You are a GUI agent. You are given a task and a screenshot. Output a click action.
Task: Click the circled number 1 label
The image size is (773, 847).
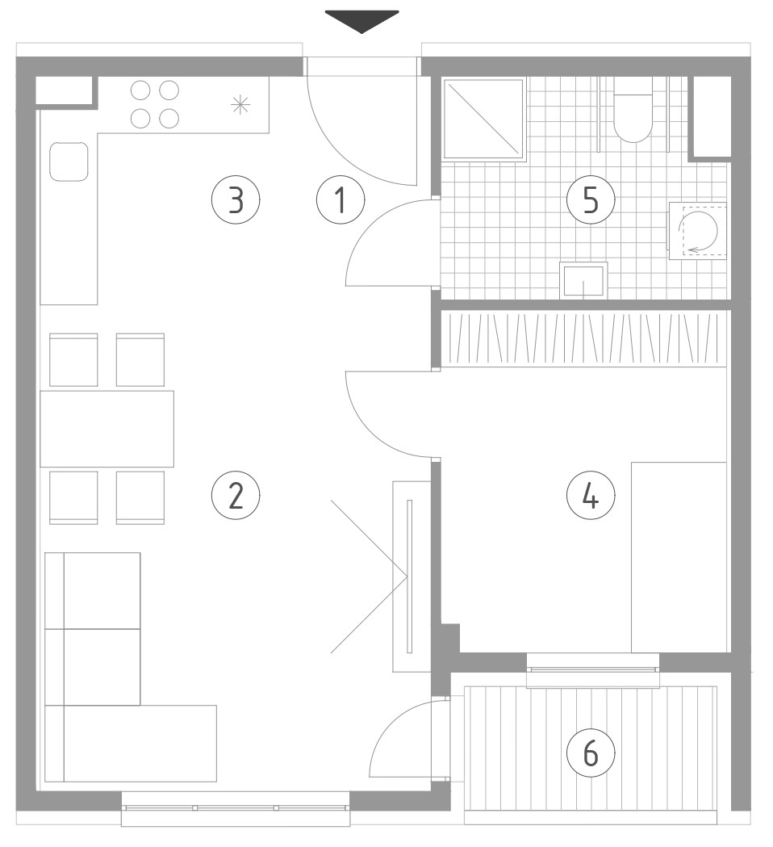340,199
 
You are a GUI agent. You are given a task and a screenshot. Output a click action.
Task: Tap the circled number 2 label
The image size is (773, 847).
236,495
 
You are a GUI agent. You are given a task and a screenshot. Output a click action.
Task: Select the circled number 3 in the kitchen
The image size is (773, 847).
236,199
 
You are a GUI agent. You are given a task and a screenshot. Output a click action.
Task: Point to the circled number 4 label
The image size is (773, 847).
591,495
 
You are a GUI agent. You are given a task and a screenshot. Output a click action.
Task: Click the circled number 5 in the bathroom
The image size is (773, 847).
591,199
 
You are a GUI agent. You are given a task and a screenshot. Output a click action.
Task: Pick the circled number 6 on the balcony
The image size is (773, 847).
591,752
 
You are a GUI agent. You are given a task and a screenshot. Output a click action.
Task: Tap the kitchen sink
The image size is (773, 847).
69,161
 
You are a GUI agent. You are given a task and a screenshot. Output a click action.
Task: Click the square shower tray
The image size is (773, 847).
484,120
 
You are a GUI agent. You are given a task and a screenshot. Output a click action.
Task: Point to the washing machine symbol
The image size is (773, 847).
698,231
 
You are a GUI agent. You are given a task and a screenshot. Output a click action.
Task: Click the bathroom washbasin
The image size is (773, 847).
583,280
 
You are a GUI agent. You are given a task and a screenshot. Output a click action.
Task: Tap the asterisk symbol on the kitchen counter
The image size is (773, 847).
240,104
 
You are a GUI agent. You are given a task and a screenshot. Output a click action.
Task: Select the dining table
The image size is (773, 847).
107,429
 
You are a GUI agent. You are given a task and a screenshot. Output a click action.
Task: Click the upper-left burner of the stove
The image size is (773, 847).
140,90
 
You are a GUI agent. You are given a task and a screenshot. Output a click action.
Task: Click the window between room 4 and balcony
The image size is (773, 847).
593,670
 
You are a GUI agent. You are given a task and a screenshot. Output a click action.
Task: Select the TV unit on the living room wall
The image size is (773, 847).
411,577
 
